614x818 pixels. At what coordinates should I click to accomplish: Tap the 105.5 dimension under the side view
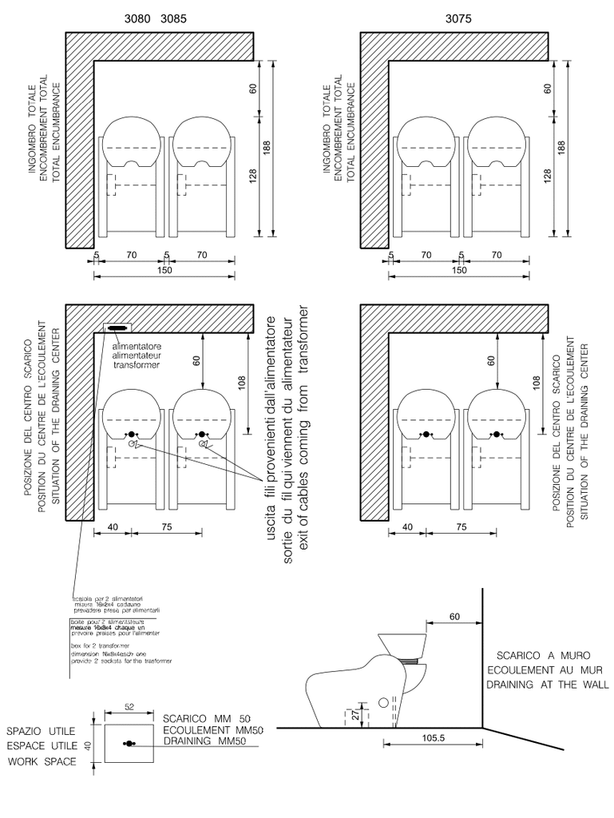click(432, 738)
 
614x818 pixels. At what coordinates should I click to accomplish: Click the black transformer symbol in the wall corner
click(117, 328)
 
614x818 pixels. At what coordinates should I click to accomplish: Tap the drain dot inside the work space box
click(129, 744)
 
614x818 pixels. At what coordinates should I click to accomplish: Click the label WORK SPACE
click(42, 761)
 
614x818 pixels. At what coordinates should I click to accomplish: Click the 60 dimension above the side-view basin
click(455, 617)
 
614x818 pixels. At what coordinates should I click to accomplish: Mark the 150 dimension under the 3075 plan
click(460, 270)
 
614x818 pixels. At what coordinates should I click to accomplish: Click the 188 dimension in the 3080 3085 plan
click(267, 148)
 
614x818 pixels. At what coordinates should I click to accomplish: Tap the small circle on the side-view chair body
click(382, 704)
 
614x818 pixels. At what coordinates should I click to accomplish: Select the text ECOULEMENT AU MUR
click(544, 669)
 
